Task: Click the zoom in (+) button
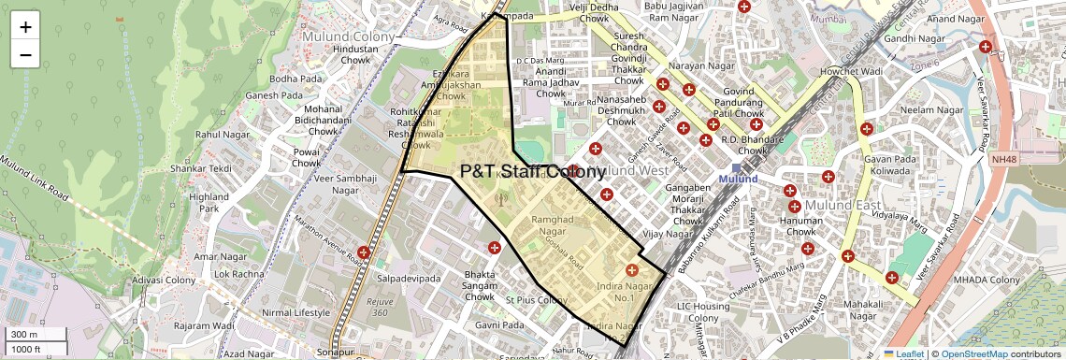point(25,27)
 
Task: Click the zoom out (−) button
point(25,54)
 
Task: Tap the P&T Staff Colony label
point(533,172)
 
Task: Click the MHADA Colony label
point(986,281)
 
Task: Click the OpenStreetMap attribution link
point(974,354)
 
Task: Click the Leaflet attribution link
point(903,354)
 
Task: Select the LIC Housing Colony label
point(703,312)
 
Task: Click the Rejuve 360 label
point(379,307)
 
